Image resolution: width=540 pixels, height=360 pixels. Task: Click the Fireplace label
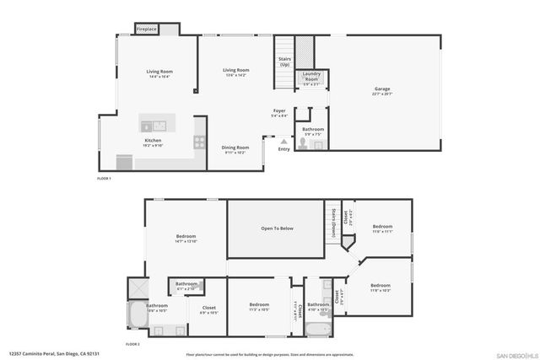pos(147,30)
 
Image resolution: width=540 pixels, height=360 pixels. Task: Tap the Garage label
pos(382,91)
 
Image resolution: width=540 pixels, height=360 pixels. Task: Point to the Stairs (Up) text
pos(284,62)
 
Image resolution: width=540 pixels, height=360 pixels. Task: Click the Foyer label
pos(278,113)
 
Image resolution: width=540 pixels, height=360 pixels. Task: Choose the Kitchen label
pos(153,142)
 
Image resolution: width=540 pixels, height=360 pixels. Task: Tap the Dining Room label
pos(235,149)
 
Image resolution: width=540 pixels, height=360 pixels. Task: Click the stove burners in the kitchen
pos(199,142)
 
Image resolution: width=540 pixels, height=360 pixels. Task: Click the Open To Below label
pos(277,228)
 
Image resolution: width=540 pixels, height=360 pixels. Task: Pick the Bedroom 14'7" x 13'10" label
pos(186,238)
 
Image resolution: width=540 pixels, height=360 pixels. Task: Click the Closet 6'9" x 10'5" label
pos(208,309)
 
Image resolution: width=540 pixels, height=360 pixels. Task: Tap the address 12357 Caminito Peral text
pos(46,355)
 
